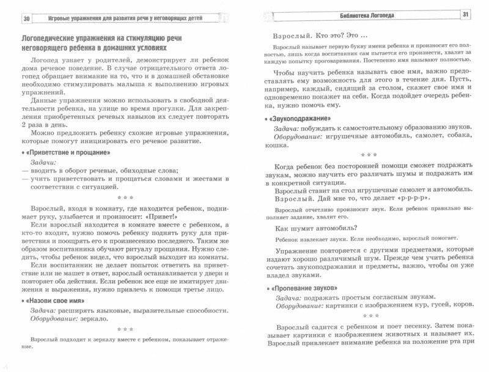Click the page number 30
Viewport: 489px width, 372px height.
tap(26, 17)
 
